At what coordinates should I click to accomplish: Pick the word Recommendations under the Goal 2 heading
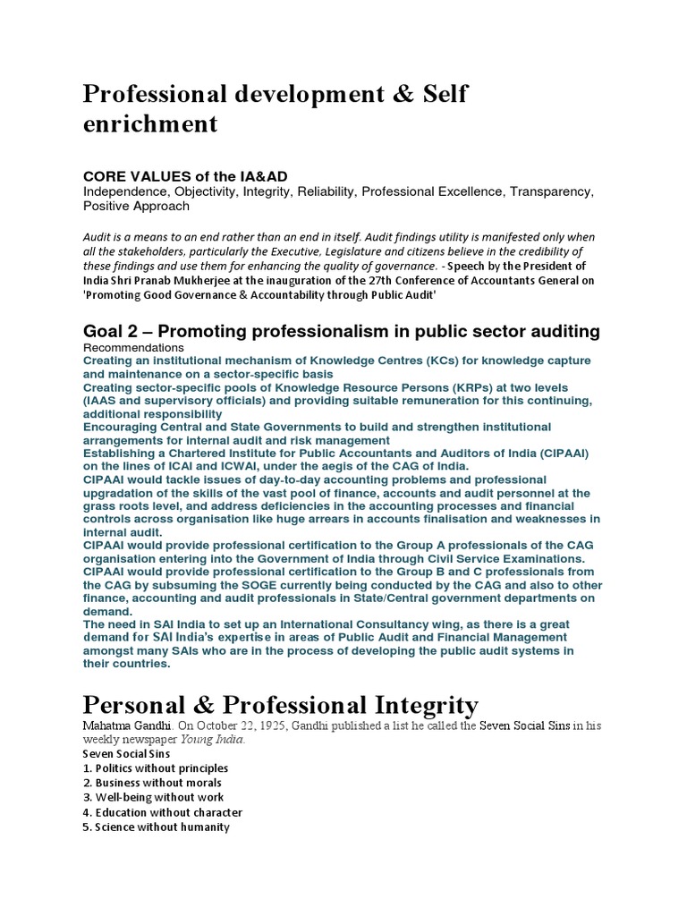(133, 347)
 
